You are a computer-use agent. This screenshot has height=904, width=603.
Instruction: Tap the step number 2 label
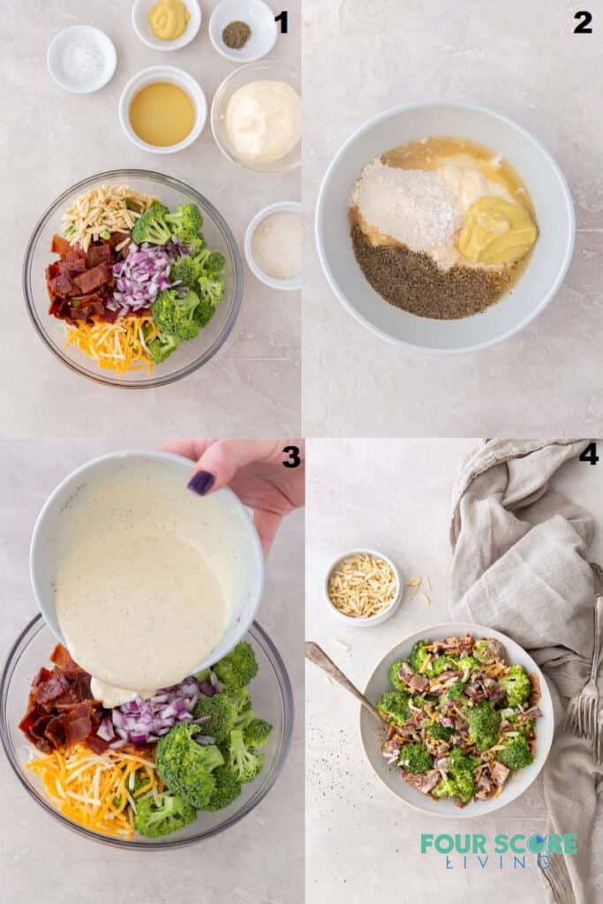[x=583, y=23]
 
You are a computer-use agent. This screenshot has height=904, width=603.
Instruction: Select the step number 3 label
[x=290, y=456]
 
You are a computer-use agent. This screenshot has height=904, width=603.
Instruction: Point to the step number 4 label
[x=588, y=455]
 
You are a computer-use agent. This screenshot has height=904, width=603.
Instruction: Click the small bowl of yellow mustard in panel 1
[x=168, y=19]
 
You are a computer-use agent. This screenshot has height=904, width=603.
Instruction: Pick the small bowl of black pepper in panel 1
[x=237, y=34]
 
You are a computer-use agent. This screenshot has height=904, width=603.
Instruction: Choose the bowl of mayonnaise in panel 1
[x=261, y=118]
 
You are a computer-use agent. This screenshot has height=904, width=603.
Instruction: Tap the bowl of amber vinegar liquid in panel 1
[x=162, y=113]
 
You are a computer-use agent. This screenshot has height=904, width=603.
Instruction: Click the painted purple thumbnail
[x=201, y=482]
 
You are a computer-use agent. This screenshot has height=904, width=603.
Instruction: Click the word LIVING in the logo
[x=499, y=863]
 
